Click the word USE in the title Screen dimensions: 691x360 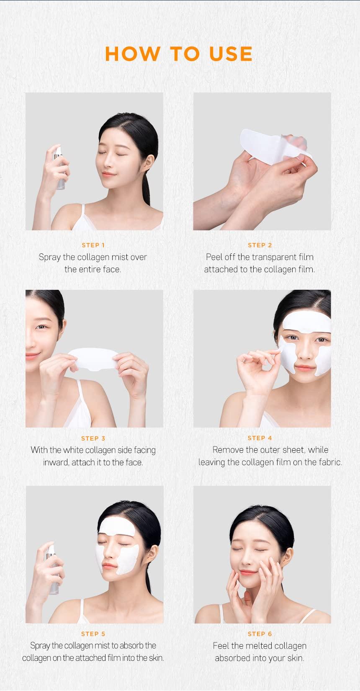[231, 54]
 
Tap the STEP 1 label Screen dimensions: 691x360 [93, 245]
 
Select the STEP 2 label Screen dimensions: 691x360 [260, 245]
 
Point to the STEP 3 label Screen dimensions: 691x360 [93, 438]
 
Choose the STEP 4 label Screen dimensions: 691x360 [260, 438]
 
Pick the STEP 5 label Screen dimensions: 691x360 [93, 634]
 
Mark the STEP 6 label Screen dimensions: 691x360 [260, 634]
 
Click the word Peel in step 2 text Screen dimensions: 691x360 [214, 257]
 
